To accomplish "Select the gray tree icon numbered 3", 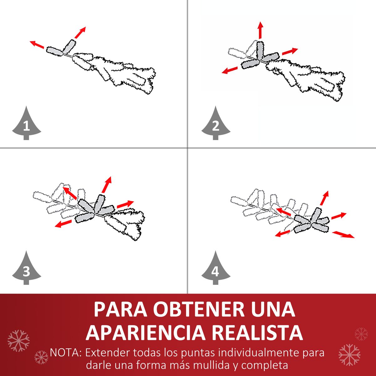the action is pos(27,269).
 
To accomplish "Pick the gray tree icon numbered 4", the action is pos(216,269).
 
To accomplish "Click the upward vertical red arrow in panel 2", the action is pos(260,30).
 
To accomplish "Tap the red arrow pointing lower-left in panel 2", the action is pos(230,70).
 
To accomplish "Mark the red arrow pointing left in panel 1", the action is pos(37,44).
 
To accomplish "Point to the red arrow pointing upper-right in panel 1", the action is pos(80,33).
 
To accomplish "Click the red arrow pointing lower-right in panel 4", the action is pos(343,234).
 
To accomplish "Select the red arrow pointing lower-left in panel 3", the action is pos(63,224).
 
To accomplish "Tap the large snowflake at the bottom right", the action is pos(349,355).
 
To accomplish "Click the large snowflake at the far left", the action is pos(18,341).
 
